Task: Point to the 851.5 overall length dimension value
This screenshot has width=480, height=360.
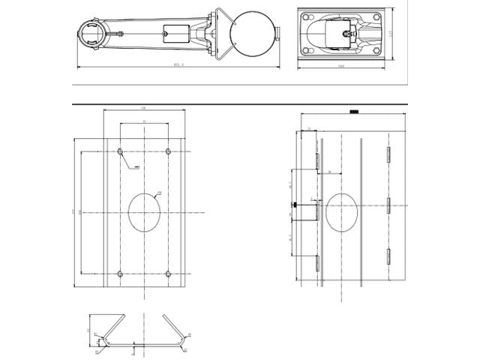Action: click(x=178, y=65)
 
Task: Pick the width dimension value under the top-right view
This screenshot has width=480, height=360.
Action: click(x=341, y=67)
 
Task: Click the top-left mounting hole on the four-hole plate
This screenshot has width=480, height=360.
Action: click(x=121, y=152)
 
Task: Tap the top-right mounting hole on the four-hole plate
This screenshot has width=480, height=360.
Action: click(x=169, y=152)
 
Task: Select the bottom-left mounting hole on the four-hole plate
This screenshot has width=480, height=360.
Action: click(x=121, y=273)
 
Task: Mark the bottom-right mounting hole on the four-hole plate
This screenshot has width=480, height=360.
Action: click(x=169, y=273)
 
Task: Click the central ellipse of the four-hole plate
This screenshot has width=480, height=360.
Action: click(x=145, y=212)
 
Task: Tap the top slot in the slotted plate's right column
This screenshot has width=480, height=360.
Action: click(x=388, y=154)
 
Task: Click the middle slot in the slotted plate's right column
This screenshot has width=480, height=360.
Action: click(x=388, y=204)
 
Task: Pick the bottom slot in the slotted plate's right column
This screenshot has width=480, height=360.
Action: click(x=388, y=255)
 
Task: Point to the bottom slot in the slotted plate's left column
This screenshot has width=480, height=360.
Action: click(x=318, y=262)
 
